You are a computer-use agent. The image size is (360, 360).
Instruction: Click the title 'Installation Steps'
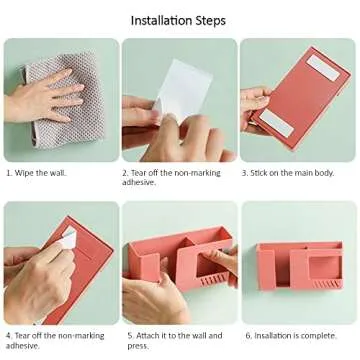coord(179,20)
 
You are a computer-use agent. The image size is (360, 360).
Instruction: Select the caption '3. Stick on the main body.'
coord(288,172)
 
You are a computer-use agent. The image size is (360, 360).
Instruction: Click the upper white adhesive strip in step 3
coord(320,69)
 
